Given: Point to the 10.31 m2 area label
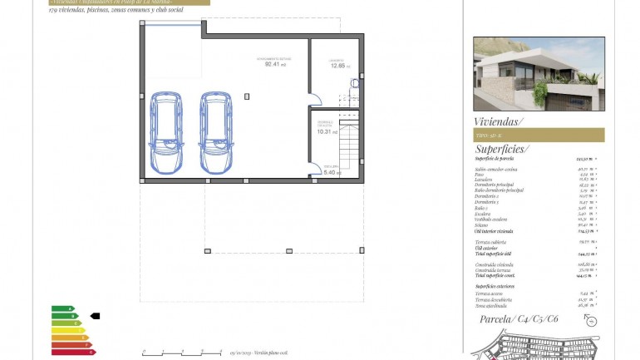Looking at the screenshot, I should point(326,130).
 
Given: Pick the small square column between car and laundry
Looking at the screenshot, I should point(246,96).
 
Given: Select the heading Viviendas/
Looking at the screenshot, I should point(500,121).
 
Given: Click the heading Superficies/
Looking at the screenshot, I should point(502,149).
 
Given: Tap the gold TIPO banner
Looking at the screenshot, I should point(538,135).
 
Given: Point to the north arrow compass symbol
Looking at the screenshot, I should point(357,82).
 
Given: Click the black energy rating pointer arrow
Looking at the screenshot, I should point(94,316).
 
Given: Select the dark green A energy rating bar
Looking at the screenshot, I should point(62,308).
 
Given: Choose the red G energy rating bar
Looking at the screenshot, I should point(73,353).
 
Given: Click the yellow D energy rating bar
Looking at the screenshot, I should point(67,330).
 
